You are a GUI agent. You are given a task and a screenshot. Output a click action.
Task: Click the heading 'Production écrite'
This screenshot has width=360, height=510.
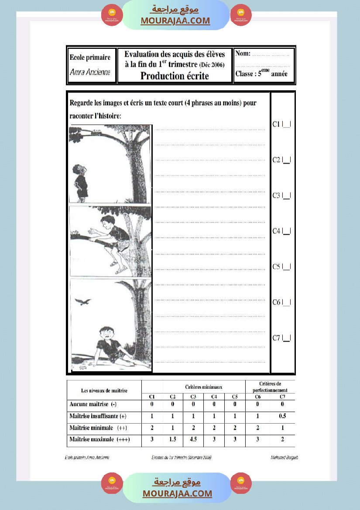[x=175, y=76]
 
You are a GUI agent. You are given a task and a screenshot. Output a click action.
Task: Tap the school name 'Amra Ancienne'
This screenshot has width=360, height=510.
[x=90, y=72]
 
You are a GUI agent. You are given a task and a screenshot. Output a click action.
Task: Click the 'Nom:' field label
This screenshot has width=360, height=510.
[x=243, y=54]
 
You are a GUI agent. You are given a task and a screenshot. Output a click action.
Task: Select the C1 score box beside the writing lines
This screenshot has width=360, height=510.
[x=287, y=124]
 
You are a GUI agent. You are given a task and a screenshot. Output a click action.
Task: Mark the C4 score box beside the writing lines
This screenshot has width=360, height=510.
[x=287, y=231]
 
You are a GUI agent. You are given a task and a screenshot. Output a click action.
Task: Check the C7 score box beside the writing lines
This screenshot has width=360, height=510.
[x=287, y=338]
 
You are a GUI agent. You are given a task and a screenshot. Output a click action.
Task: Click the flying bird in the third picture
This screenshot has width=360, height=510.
[x=83, y=301]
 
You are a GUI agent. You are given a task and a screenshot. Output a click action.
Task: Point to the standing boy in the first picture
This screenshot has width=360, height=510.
[x=80, y=182]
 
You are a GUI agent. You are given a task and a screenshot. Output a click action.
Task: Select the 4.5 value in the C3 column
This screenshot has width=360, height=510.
[x=193, y=439]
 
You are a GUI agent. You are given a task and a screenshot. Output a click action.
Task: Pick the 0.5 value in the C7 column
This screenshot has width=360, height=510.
[x=282, y=416]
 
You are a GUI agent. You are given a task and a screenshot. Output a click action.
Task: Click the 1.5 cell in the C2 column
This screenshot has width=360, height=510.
[x=173, y=439]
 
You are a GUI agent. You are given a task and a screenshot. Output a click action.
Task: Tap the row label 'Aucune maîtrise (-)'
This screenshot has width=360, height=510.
[x=93, y=404]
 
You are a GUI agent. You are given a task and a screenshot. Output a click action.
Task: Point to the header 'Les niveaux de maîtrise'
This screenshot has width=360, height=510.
[x=104, y=390]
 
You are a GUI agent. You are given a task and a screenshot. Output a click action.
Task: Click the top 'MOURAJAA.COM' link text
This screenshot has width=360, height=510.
[x=175, y=21]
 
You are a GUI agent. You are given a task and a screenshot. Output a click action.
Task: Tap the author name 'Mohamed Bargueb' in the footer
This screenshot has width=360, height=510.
[x=285, y=457]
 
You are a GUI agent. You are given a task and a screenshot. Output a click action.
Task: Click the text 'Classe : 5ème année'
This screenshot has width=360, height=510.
[x=261, y=74]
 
